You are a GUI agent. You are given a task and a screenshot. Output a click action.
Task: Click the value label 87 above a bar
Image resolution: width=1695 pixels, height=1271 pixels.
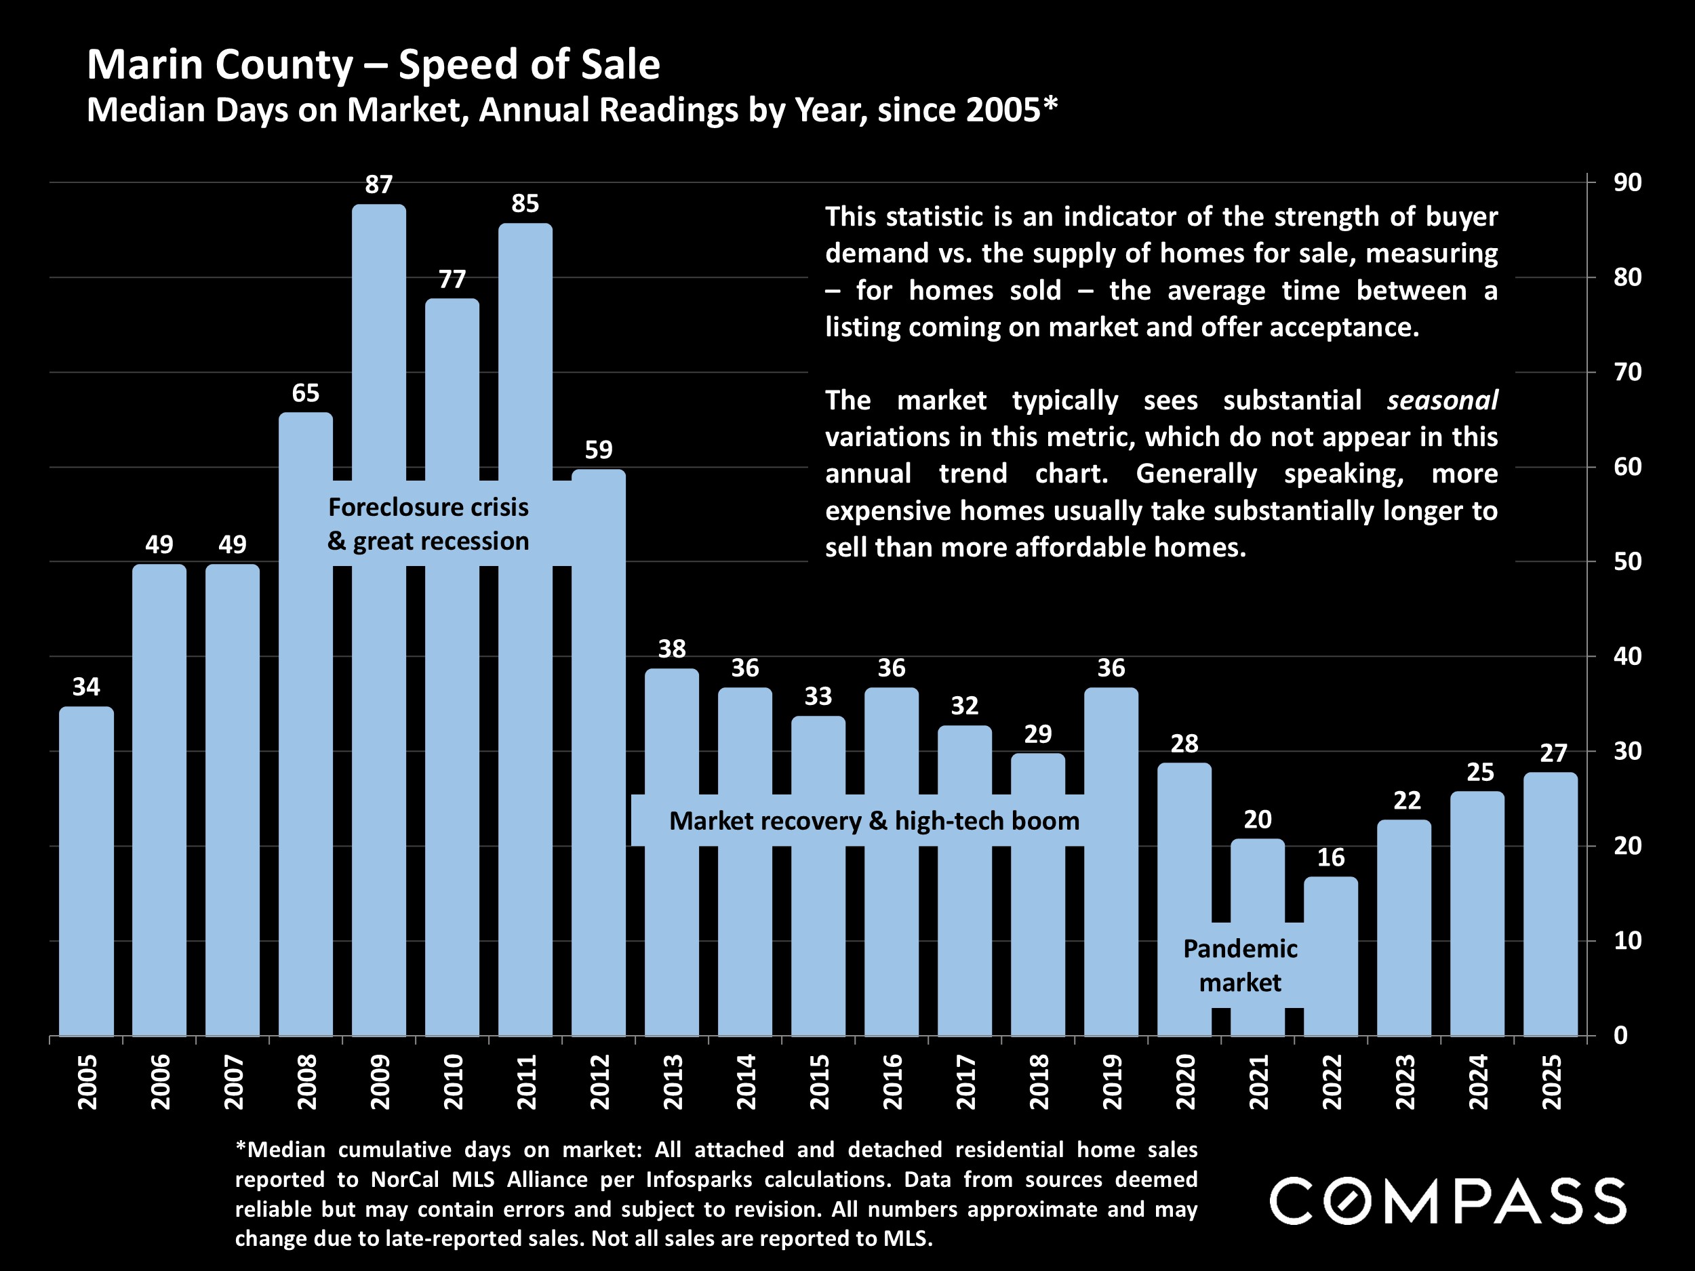click(378, 184)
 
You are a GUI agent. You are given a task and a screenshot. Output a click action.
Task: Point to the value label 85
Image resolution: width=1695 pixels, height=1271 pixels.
click(525, 204)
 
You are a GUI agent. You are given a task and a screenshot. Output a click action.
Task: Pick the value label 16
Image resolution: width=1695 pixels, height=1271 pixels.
click(1330, 858)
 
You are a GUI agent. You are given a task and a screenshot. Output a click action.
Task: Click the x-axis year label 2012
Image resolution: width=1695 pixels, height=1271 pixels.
click(599, 1082)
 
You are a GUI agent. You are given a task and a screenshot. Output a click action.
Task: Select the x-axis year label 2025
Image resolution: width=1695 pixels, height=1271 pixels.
click(1551, 1082)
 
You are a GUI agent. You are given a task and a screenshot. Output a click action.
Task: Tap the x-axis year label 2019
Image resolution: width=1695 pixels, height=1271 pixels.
click(1111, 1082)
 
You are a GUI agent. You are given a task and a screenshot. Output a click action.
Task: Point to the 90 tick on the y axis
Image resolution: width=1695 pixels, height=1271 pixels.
click(1627, 182)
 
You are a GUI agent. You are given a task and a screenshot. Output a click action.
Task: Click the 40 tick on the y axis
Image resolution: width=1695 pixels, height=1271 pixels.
click(1627, 657)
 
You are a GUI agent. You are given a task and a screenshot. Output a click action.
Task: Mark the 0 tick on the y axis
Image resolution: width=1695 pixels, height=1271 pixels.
click(1620, 1036)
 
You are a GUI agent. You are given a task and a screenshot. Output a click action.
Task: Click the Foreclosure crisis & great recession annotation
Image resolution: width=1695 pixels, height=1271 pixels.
click(428, 524)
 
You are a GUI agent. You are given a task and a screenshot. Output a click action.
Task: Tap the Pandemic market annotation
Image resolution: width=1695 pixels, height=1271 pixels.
click(1240, 965)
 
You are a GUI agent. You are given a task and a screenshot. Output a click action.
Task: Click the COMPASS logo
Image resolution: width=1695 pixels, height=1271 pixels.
click(1448, 1201)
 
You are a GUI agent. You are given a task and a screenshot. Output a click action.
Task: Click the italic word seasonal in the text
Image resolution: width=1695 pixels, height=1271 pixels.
click(1441, 401)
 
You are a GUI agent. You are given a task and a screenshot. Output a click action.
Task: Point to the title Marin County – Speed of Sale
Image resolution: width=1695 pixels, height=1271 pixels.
click(373, 64)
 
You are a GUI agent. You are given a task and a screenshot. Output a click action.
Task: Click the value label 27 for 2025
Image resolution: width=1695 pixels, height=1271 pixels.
click(1553, 754)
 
